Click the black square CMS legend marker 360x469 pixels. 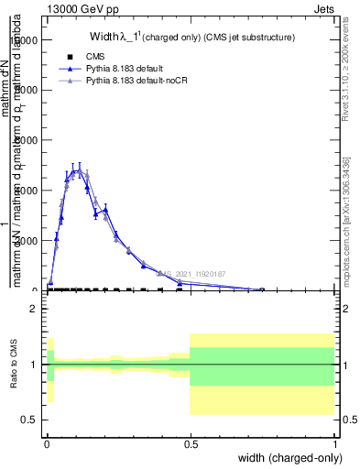70,57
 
